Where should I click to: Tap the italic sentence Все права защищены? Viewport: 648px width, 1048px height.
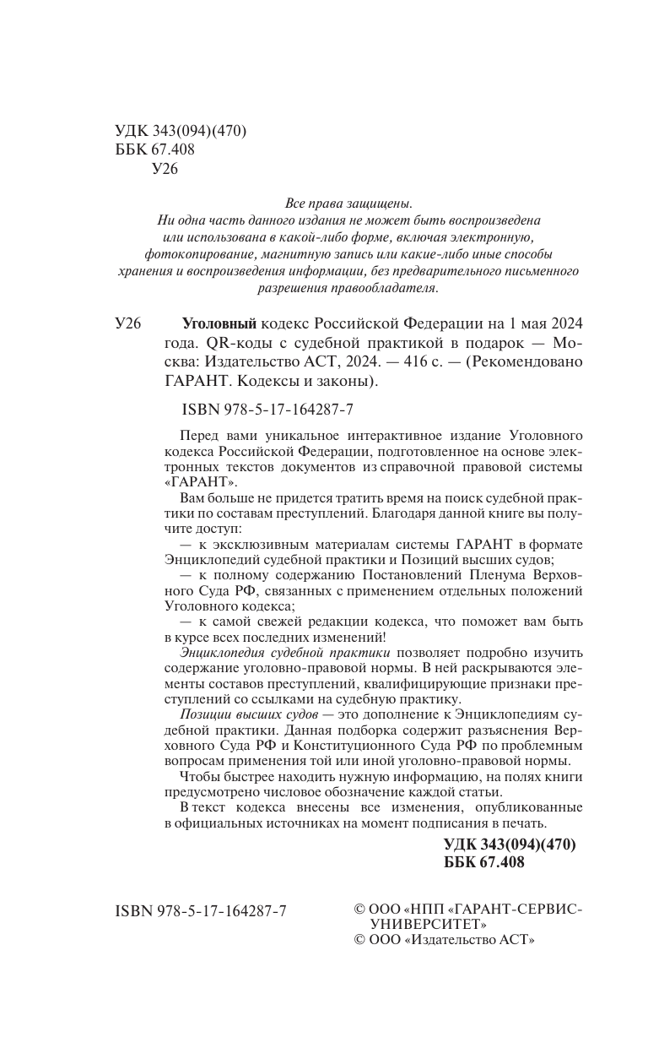(349, 203)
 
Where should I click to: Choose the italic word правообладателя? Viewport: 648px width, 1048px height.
(389, 287)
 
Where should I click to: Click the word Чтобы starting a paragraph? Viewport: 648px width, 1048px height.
(200, 776)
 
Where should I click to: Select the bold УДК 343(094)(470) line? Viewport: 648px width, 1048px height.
(509, 844)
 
